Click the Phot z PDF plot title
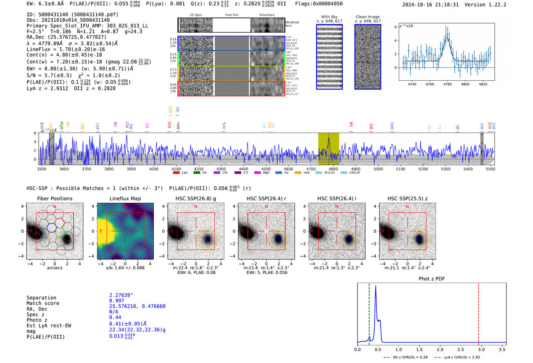431,279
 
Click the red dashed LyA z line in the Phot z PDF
479,312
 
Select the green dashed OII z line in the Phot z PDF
369,312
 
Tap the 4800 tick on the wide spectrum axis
333,169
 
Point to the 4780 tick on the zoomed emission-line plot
447,84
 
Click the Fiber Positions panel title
54,198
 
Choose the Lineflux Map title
125,198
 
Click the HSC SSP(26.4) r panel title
266,198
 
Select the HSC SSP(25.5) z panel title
407,198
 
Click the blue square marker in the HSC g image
207,239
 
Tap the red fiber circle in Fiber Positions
59,223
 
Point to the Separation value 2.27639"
121,295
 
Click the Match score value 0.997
116,301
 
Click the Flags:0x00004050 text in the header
319,4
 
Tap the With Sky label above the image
329,17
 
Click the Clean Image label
367,17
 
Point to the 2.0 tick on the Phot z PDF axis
440,349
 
